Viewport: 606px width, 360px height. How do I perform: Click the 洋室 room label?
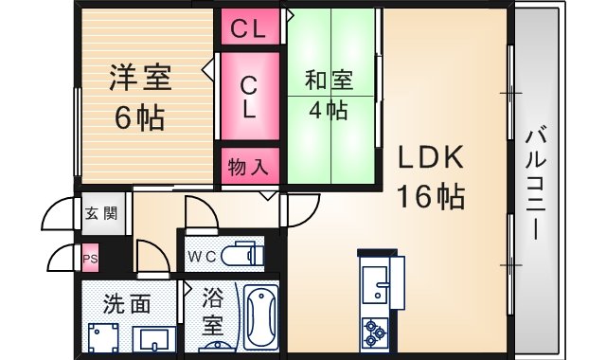click(141, 78)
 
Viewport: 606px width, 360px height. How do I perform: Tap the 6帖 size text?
click(139, 117)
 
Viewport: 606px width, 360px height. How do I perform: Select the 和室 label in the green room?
click(329, 80)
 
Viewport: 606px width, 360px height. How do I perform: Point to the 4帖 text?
click(329, 110)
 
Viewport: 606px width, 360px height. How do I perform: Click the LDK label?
click(431, 156)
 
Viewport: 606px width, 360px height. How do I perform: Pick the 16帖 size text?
click(431, 196)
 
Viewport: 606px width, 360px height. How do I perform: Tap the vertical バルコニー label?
click(537, 185)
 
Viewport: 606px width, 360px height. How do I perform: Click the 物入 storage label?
click(248, 167)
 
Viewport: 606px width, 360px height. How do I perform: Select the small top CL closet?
click(250, 27)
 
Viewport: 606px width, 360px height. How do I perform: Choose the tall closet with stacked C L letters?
click(250, 96)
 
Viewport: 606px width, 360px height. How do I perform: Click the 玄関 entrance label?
click(101, 213)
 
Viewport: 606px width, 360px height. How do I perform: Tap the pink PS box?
click(91, 258)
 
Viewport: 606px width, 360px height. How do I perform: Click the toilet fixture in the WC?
click(242, 255)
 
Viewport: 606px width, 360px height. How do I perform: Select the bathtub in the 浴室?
click(261, 318)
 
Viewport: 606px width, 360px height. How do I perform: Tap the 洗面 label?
click(126, 304)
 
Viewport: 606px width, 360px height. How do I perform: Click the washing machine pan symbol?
click(103, 338)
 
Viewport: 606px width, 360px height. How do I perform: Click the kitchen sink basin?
click(375, 285)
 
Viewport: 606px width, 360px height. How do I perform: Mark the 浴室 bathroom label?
click(213, 313)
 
